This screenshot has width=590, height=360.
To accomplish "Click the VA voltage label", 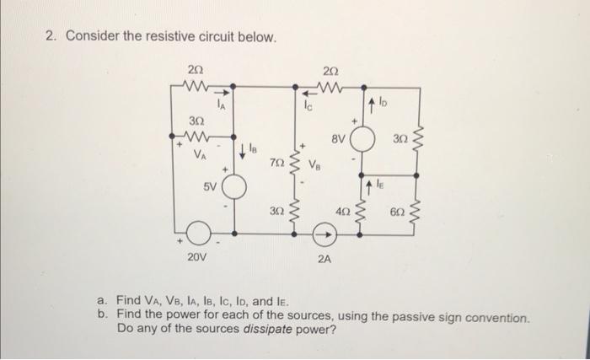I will (x=198, y=156).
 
